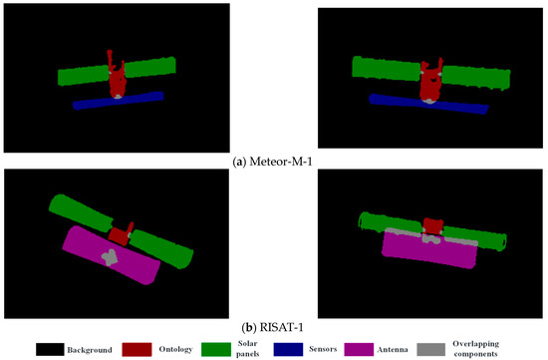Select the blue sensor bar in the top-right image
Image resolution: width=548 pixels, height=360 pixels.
(428, 105)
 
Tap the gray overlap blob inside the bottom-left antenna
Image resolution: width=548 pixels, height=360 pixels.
(108, 255)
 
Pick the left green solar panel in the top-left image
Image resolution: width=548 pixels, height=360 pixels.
(83, 75)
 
